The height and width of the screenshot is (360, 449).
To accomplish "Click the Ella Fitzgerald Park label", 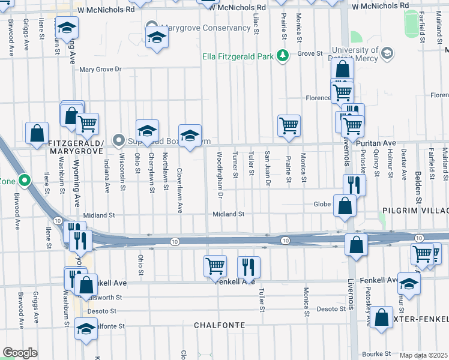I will (x=238, y=58).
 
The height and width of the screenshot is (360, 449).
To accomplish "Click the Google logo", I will (x=20, y=352).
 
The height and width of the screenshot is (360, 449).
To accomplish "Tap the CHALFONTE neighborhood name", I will (x=219, y=325).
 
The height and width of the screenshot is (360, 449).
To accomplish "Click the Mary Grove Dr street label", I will (x=100, y=70).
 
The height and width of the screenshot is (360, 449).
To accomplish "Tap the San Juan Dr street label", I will (x=268, y=169).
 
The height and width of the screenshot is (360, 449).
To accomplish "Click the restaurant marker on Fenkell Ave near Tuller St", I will (x=247, y=266).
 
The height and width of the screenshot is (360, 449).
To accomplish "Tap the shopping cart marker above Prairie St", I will (x=289, y=125).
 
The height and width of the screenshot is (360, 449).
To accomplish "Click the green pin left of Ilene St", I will (x=25, y=179).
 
